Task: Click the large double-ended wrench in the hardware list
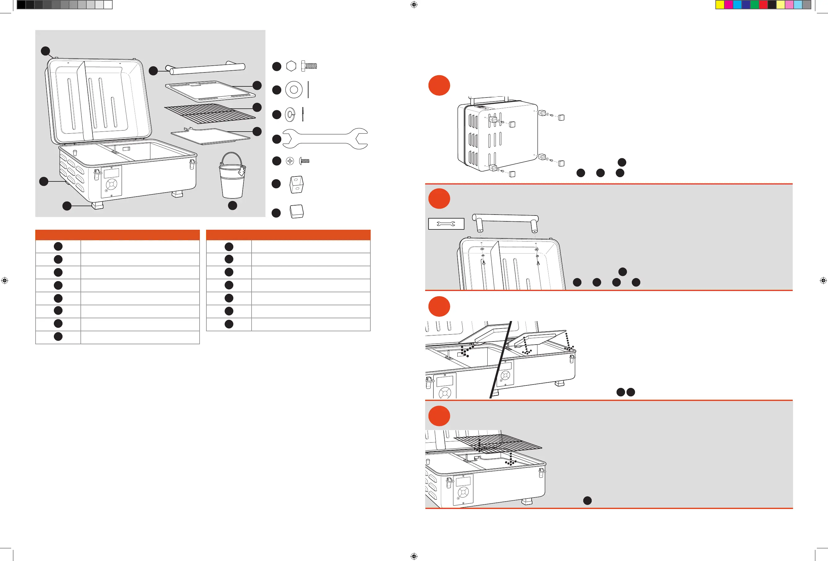tap(325, 139)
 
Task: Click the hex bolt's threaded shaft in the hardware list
tap(311, 66)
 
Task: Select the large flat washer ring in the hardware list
tap(294, 90)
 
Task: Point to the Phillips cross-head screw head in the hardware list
tap(290, 161)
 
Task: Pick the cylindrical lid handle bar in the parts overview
tap(207, 68)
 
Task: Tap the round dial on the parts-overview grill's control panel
tap(111, 184)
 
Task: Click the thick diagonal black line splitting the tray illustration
tap(501, 360)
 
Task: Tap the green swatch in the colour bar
tap(754, 5)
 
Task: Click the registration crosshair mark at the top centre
tap(414, 5)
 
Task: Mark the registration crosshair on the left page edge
tap(5, 280)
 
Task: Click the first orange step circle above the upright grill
tap(439, 85)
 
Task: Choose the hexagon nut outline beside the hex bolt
tap(291, 66)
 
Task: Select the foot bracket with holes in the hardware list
tap(296, 184)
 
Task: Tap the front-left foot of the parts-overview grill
tap(97, 206)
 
